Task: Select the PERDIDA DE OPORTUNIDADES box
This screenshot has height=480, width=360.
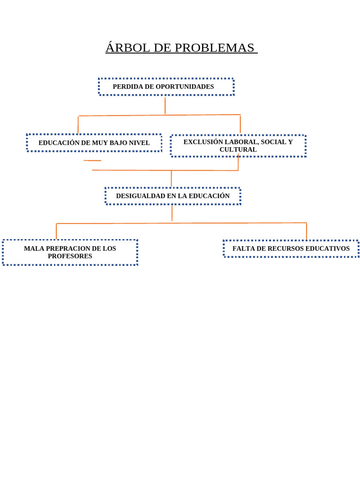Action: [x=166, y=87]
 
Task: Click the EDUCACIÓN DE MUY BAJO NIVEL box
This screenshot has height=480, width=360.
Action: [x=94, y=142]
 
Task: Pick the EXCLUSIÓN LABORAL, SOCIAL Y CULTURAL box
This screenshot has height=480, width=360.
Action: [x=238, y=146]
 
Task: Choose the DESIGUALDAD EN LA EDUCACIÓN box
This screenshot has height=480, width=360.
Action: [x=172, y=196]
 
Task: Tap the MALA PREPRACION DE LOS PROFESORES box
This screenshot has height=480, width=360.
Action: [x=70, y=252]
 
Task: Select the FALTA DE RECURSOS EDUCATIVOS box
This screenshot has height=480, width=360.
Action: [x=291, y=248]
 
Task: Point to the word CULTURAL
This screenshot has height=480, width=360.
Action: [x=238, y=150]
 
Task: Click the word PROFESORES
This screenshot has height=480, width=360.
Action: [x=70, y=256]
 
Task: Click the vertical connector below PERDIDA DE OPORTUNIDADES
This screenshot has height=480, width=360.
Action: [x=165, y=105]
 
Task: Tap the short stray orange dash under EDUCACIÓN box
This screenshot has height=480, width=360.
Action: [x=92, y=160]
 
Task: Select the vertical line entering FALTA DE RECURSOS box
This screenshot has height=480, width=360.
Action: [x=307, y=231]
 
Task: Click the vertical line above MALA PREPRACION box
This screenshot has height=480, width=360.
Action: [x=56, y=231]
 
